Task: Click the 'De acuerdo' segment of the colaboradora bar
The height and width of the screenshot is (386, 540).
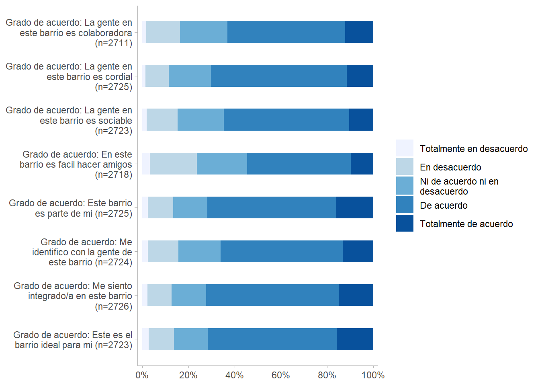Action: (x=286, y=32)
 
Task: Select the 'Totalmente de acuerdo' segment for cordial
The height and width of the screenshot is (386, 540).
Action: (x=360, y=76)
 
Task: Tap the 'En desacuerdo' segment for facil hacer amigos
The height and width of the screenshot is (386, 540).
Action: (x=173, y=164)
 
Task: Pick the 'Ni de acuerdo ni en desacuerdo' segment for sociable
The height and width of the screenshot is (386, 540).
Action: (x=200, y=119)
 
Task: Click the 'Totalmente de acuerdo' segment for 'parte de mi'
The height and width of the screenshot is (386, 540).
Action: (x=355, y=207)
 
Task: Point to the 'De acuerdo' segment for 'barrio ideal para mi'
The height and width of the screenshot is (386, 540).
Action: (x=272, y=339)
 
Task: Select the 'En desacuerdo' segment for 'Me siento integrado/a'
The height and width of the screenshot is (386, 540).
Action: (x=160, y=295)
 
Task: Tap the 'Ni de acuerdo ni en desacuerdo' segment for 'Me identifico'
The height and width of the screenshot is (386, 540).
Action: (x=199, y=251)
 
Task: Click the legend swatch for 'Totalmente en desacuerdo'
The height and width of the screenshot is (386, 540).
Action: (x=405, y=148)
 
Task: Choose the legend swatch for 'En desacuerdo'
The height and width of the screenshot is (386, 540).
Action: (x=405, y=166)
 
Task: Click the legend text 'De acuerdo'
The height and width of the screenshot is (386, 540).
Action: (x=444, y=205)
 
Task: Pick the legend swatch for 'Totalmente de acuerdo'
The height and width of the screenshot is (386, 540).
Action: (x=405, y=223)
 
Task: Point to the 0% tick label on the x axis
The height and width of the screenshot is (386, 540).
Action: (x=142, y=375)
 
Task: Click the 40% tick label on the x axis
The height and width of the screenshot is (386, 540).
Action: (x=234, y=375)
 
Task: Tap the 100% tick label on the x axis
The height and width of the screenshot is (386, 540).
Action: (x=373, y=375)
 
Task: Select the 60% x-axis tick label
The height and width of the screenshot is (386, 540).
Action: (x=280, y=375)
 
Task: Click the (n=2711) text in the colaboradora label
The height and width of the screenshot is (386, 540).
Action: (x=114, y=43)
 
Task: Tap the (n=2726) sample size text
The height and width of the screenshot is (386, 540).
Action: (x=114, y=306)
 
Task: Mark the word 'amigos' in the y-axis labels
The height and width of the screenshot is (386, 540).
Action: (x=117, y=164)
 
